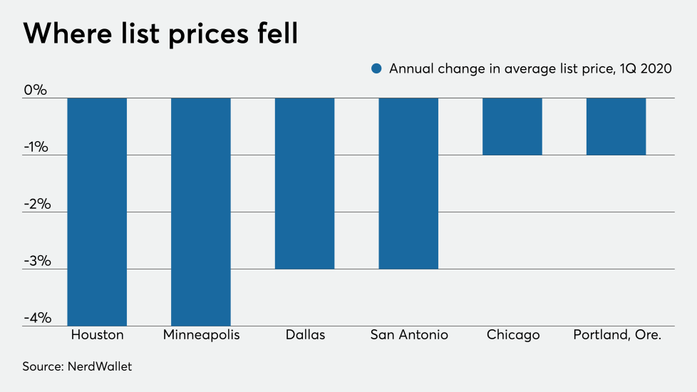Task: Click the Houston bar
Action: [x=97, y=212]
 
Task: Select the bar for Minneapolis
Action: [x=201, y=212]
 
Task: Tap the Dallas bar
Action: [x=304, y=183]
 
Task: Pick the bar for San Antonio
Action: [x=408, y=183]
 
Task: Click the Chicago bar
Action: [x=512, y=126]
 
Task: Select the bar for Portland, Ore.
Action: [x=616, y=126]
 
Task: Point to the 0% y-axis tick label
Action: [x=35, y=91]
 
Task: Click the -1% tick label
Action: [x=35, y=148]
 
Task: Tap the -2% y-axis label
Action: [x=35, y=205]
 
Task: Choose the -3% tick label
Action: [x=35, y=261]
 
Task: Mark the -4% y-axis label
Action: [x=35, y=318]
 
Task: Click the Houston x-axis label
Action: [x=97, y=335]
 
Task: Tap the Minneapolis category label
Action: [x=201, y=335]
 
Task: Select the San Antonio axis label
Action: [x=408, y=335]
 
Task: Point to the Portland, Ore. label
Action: [x=617, y=335]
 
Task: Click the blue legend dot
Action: [x=376, y=69]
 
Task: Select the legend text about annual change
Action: [x=530, y=69]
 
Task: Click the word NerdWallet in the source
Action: [x=101, y=367]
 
